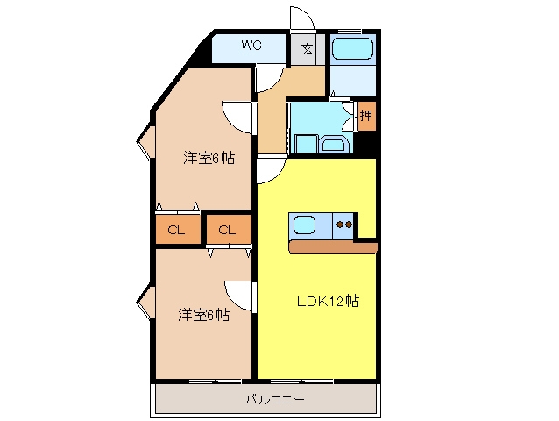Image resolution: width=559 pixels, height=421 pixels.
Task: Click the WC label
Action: pos(251,46)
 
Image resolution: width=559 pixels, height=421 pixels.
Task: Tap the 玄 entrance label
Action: pos(307,48)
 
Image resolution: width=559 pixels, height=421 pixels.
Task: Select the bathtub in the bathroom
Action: pos(352,48)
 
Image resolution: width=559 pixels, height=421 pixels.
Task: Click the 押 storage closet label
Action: pos(366,115)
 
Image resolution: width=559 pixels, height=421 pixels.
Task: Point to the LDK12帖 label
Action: pos(328,302)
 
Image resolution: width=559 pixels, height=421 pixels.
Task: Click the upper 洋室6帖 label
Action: pos(209,158)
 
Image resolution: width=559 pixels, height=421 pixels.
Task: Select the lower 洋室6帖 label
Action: pos(203,315)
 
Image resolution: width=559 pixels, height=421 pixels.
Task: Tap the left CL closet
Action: pos(178,230)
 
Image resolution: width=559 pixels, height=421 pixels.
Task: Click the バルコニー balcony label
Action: pos(275,399)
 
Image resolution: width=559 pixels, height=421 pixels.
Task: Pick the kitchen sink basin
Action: pos(304,225)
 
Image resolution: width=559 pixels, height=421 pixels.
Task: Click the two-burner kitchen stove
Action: pos(344,225)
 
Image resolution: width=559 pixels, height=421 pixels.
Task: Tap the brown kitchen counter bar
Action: pos(333,247)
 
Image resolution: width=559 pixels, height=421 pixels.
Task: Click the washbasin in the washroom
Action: pos(333,144)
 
